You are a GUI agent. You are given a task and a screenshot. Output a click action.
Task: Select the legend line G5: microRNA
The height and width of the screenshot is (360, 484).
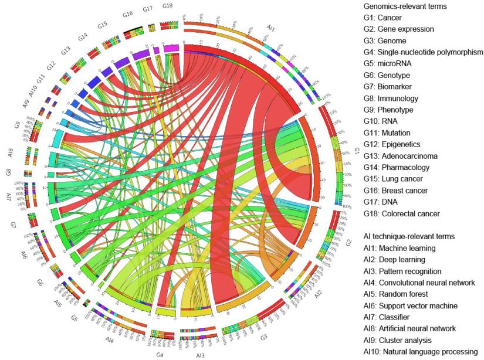click(x=389, y=64)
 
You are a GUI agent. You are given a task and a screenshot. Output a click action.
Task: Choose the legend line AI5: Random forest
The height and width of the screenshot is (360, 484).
click(x=395, y=294)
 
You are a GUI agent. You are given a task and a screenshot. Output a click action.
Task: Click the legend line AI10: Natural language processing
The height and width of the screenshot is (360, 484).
click(x=420, y=351)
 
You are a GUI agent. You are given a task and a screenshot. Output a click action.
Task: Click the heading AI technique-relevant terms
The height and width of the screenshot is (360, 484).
click(x=408, y=236)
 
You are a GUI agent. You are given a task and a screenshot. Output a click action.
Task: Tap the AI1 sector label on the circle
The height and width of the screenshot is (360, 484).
click(x=270, y=28)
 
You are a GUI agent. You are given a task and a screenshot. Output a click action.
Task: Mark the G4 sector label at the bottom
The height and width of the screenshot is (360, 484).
click(x=160, y=354)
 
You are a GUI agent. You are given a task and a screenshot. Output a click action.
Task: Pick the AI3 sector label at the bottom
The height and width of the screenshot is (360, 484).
click(x=200, y=355)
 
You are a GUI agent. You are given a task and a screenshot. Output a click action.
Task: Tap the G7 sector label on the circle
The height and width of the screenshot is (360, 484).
click(x=13, y=225)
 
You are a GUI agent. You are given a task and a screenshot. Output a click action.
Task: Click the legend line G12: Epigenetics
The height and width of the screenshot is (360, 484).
click(x=392, y=144)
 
